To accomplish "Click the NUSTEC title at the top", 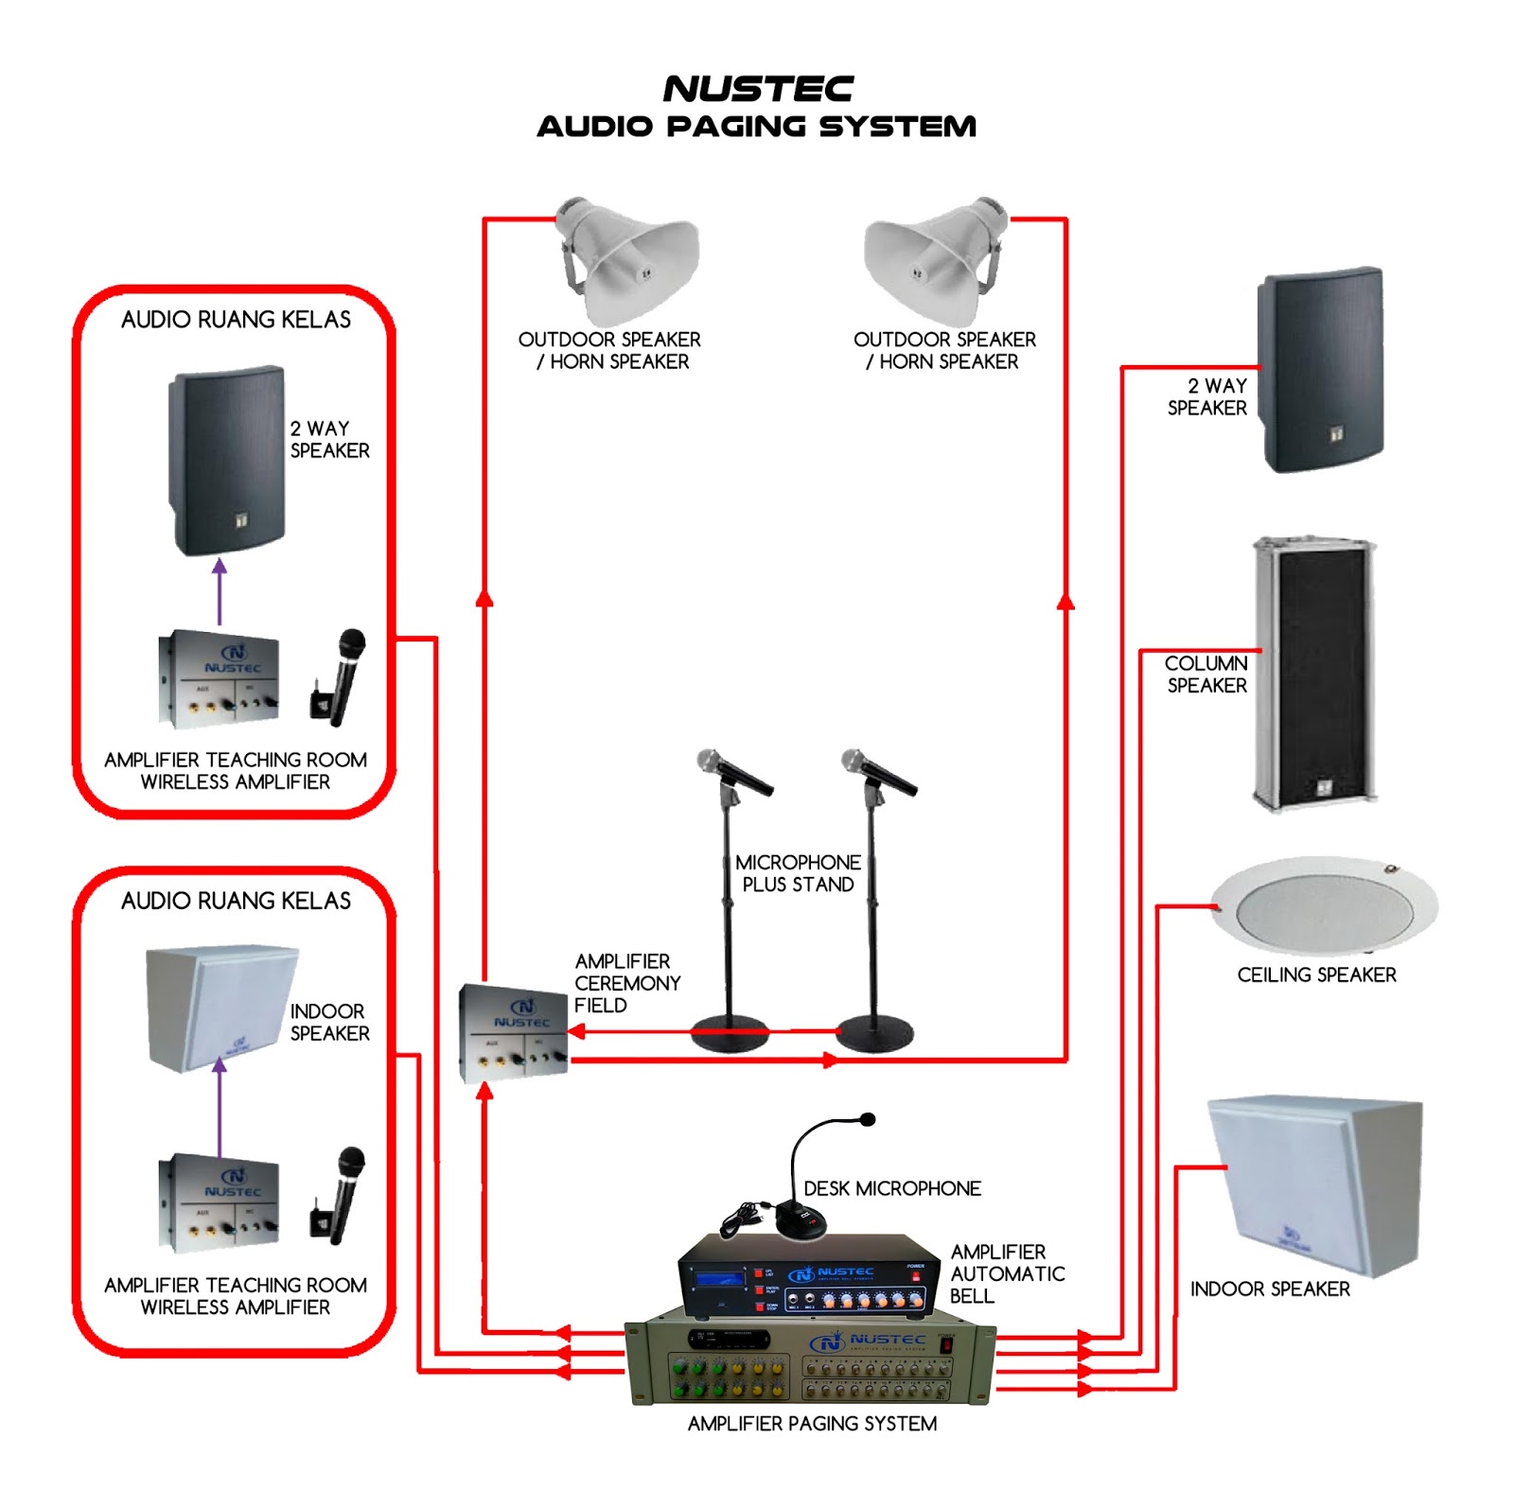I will (x=758, y=89).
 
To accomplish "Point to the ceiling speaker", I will (x=1324, y=905).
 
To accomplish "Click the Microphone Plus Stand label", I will (x=798, y=873).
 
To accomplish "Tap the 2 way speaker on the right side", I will (x=1320, y=370).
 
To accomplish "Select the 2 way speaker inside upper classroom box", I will (x=227, y=460).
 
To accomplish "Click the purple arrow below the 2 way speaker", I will (x=220, y=591).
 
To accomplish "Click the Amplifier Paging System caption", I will (x=812, y=1423).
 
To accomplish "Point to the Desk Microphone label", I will (x=891, y=1188).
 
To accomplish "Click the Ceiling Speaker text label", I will (x=1316, y=974).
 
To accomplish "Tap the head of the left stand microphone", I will (x=709, y=760).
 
